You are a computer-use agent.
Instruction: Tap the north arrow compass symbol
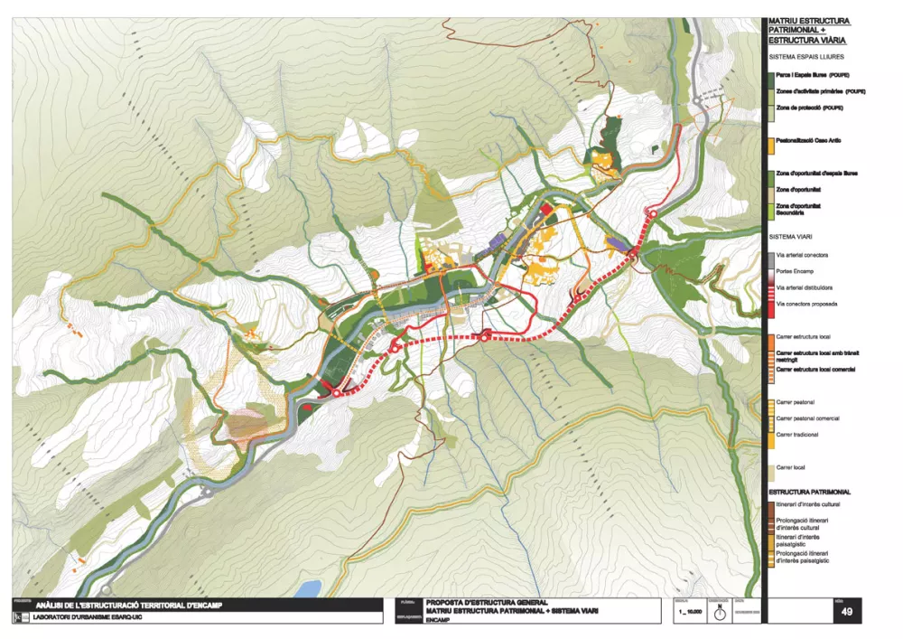tap(719, 613)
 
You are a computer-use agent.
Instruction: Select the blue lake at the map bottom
tap(307, 589)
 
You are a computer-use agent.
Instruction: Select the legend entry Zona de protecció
tap(809, 108)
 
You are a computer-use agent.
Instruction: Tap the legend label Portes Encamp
tap(796, 272)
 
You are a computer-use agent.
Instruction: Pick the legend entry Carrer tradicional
tap(797, 435)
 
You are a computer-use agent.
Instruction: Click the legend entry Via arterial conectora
tap(806, 256)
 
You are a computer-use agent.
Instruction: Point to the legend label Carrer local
tap(790, 467)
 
